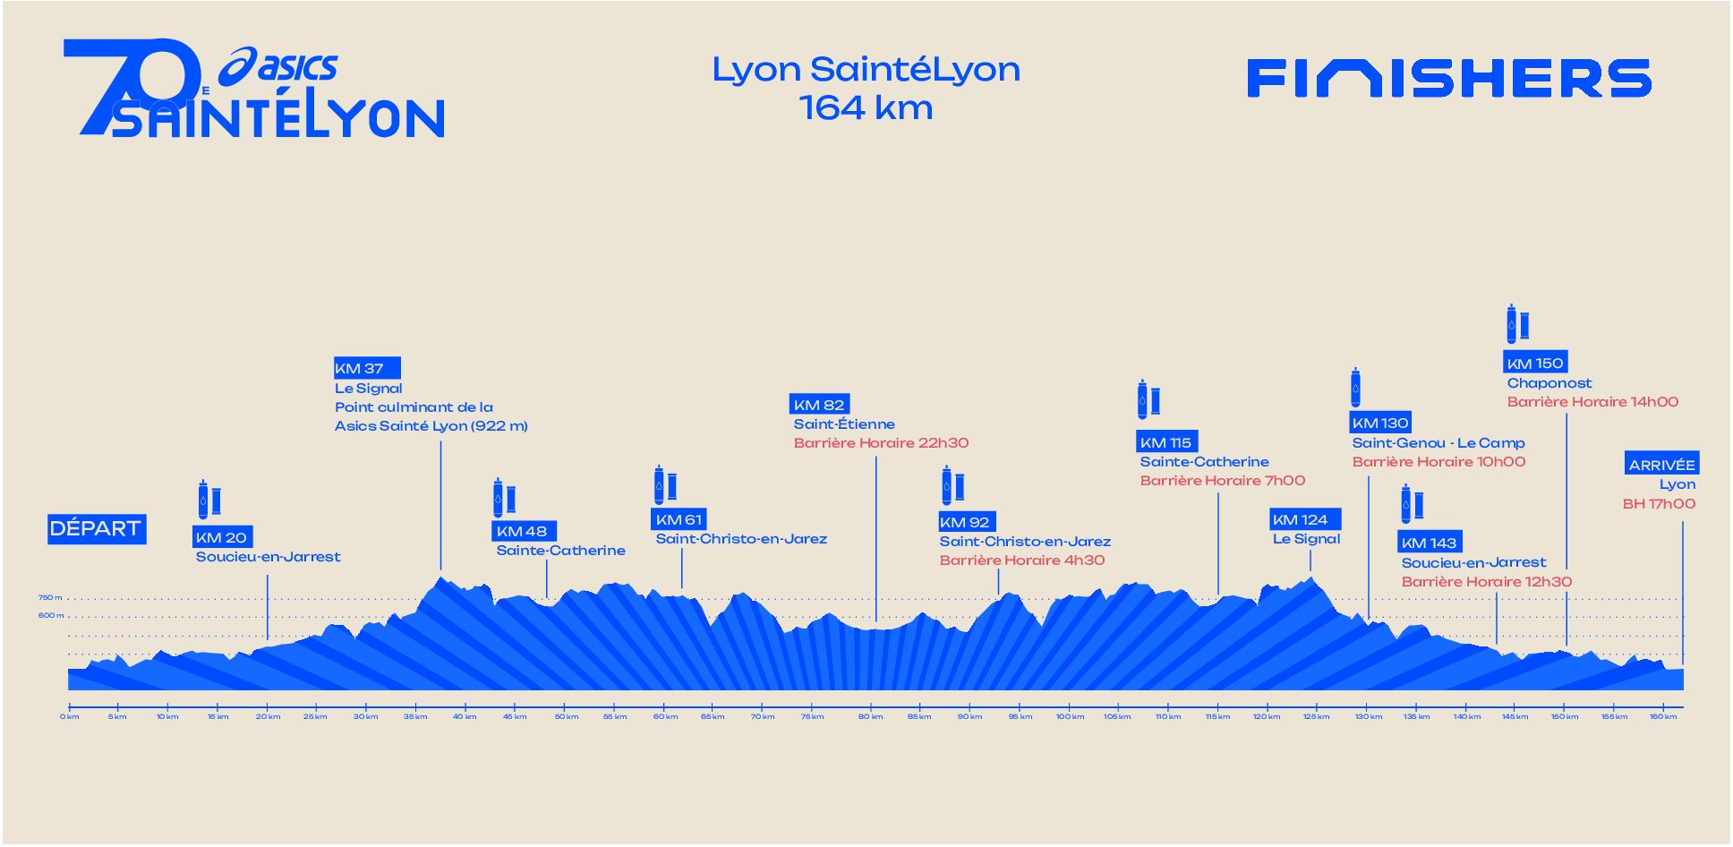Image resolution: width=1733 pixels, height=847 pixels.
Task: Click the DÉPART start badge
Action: (96, 529)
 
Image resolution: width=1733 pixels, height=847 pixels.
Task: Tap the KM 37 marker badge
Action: (367, 368)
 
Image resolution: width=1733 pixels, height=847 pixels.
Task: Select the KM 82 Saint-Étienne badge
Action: (819, 405)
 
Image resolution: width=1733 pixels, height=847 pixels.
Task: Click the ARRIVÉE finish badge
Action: (1661, 464)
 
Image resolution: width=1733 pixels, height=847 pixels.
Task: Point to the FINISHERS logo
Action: (1448, 78)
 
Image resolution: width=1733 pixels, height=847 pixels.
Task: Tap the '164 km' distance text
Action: (866, 108)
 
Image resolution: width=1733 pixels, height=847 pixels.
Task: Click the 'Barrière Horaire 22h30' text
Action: (881, 443)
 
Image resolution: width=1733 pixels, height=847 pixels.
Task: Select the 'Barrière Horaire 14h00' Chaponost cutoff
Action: (1592, 402)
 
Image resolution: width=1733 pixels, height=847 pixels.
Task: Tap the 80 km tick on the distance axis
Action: (870, 716)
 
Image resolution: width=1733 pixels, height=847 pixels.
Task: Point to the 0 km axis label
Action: (70, 716)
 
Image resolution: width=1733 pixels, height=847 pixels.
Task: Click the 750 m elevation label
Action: (50, 597)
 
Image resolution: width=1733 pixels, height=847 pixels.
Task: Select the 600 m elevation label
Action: (50, 615)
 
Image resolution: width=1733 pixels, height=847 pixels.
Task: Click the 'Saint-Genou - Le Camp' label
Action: (1438, 443)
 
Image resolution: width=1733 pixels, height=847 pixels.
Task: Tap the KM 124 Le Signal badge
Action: (1305, 519)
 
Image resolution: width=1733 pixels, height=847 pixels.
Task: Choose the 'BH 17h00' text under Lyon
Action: (1659, 504)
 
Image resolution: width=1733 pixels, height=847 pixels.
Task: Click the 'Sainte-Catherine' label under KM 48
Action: (560, 551)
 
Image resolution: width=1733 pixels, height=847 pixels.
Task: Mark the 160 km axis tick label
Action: (1663, 716)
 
